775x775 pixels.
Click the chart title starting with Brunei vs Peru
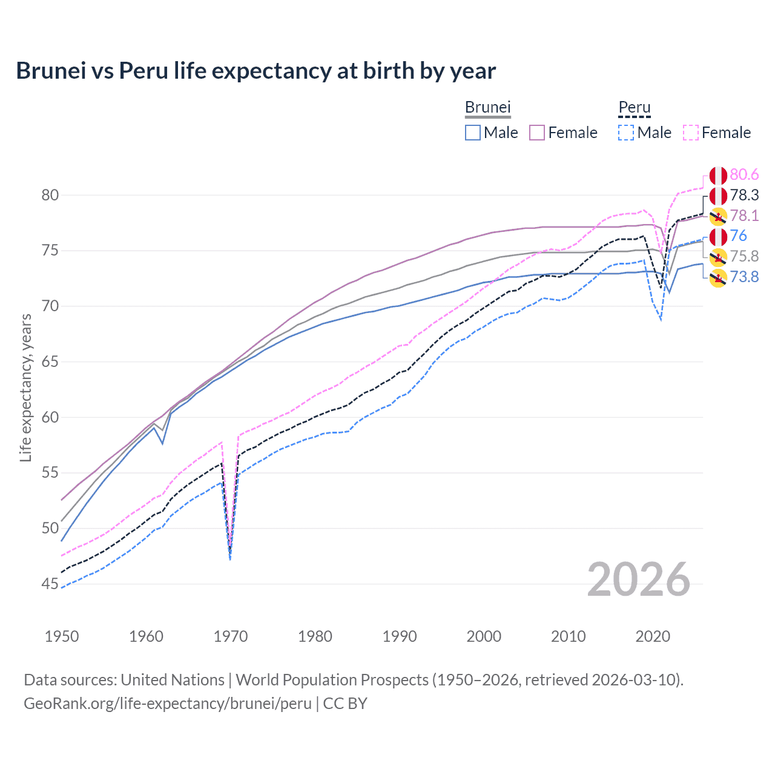point(256,71)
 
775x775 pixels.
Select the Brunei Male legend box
point(473,133)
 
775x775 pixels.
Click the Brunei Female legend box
point(537,133)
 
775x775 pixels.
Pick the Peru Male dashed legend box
point(626,133)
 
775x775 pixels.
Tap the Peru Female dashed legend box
point(691,133)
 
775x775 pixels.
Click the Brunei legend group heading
point(488,107)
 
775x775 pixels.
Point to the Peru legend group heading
point(634,107)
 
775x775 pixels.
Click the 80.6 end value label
point(744,175)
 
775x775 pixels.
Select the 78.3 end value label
point(744,195)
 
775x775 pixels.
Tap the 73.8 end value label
point(744,277)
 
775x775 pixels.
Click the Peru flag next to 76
point(718,236)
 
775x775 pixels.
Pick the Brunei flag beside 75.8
point(718,257)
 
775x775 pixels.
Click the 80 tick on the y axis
point(50,195)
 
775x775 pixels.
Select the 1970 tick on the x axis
point(231,636)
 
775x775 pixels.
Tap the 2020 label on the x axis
point(653,636)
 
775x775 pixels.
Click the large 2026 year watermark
point(638,579)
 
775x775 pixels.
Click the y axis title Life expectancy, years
point(25,387)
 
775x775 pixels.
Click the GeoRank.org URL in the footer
point(168,704)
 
